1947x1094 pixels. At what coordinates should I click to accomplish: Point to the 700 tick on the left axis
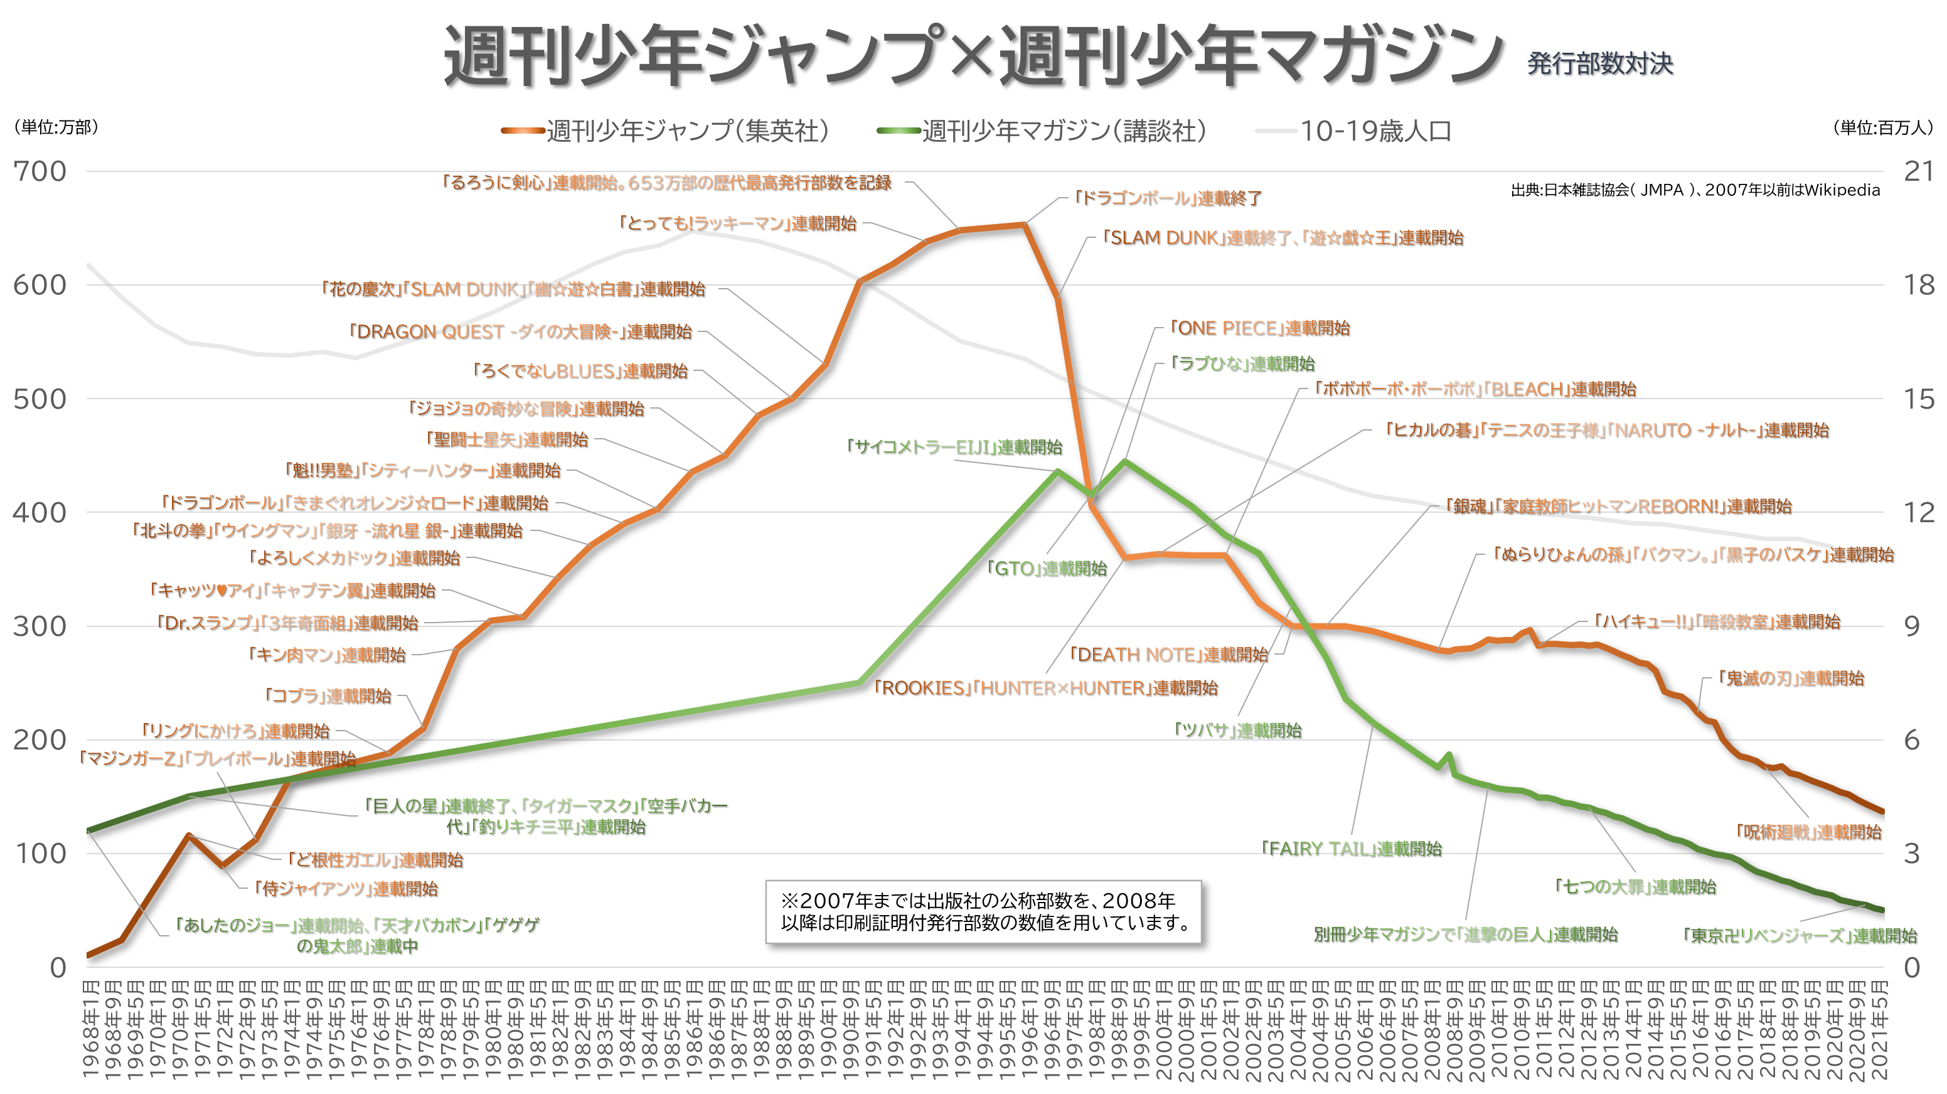(x=40, y=171)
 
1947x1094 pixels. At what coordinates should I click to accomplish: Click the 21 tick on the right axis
(x=1918, y=171)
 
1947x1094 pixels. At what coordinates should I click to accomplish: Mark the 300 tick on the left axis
(x=40, y=626)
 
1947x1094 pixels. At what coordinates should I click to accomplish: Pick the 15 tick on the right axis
(x=1918, y=399)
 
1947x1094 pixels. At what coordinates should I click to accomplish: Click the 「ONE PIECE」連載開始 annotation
(x=1259, y=328)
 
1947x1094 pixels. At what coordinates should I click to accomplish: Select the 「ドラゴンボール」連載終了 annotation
(x=1168, y=198)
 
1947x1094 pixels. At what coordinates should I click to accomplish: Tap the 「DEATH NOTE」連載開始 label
(x=1168, y=655)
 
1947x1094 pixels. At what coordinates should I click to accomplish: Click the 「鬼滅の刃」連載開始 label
(x=1791, y=678)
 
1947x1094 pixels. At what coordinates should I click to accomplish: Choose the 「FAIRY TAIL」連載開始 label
(x=1352, y=849)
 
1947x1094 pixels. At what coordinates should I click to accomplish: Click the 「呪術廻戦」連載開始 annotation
(x=1809, y=832)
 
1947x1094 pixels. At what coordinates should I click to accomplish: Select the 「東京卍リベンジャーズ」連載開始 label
(x=1800, y=936)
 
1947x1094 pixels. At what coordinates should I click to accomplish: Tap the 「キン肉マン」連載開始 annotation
(x=328, y=655)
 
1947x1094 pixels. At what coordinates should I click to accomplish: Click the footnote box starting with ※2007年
(x=983, y=912)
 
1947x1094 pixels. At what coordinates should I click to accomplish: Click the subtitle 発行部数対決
(x=1599, y=63)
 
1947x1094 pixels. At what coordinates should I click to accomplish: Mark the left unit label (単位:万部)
(x=56, y=127)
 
